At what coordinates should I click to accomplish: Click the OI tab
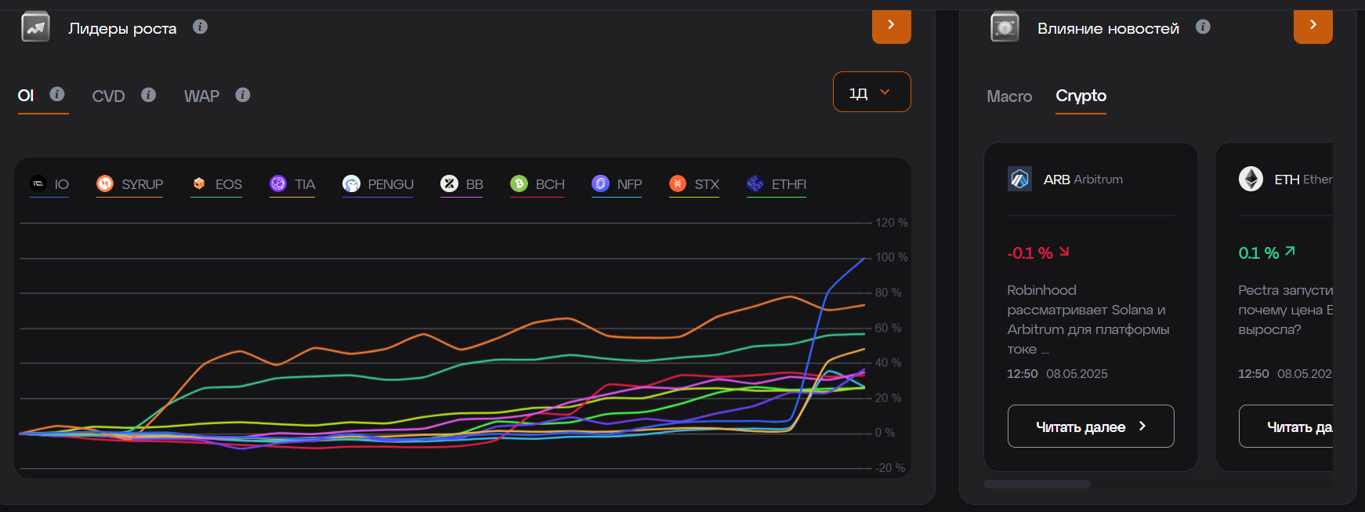(26, 96)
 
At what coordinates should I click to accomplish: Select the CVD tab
(108, 96)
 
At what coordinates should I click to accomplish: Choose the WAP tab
(201, 96)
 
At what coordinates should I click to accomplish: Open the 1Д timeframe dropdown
(871, 93)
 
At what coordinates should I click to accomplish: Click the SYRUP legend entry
(130, 184)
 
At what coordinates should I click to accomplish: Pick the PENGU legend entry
(378, 184)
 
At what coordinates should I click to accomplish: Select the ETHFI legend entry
(777, 184)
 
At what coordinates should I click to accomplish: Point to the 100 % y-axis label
(891, 257)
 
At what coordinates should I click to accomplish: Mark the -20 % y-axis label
(889, 468)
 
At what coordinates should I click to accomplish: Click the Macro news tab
(1009, 96)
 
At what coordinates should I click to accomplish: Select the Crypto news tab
(1081, 96)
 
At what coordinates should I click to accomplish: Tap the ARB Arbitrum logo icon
(1019, 180)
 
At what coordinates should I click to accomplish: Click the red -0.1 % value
(1030, 253)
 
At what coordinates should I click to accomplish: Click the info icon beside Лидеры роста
(201, 27)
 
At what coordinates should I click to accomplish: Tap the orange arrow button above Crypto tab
(1312, 26)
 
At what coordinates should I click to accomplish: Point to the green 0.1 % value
(1258, 253)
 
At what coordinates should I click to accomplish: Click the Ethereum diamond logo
(1251, 180)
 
